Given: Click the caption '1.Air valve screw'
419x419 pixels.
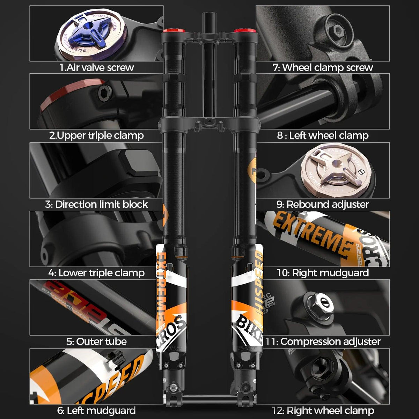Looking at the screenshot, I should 96,67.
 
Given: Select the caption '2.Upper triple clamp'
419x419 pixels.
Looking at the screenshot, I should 96,135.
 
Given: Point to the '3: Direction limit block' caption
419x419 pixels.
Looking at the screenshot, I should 96,204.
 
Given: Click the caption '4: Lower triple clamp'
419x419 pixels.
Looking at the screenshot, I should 96,273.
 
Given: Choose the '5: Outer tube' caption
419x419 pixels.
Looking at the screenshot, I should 96,341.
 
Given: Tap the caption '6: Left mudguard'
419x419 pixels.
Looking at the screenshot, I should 96,410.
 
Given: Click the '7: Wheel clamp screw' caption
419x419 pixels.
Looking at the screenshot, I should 323,67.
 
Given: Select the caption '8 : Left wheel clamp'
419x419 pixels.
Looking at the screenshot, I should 323,135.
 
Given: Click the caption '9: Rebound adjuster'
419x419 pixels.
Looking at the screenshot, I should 323,204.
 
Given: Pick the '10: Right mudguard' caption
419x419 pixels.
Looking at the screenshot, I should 323,273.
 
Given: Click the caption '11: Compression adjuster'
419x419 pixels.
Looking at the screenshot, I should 323,341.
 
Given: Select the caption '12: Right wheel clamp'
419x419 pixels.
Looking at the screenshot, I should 323,410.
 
